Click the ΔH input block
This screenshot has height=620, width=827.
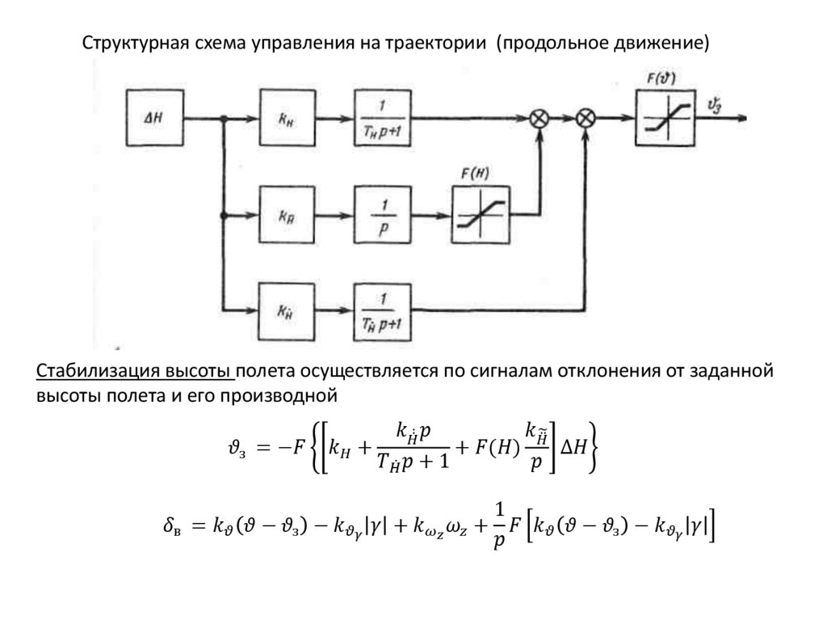click(153, 118)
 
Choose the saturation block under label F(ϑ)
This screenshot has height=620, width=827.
click(665, 118)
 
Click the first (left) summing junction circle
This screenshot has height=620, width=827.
click(539, 118)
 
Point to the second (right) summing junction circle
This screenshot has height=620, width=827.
click(586, 118)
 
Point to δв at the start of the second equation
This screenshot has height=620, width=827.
click(174, 527)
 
